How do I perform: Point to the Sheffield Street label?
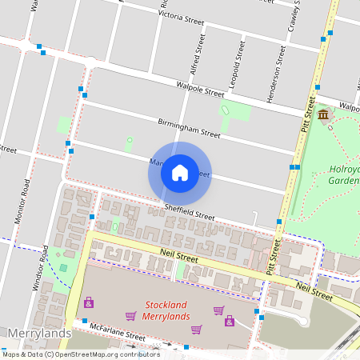click(x=190, y=210)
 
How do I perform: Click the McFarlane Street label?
click(x=106, y=334)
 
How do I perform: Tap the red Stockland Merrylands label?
click(x=166, y=310)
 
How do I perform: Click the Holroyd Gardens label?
click(x=345, y=174)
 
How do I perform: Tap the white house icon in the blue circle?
click(x=180, y=173)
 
